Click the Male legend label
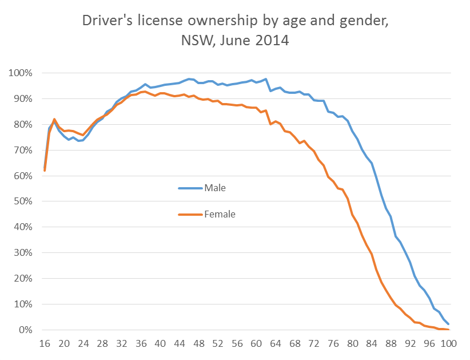[216, 187]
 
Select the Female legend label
[220, 215]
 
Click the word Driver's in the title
[107, 21]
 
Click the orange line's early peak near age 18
[54, 119]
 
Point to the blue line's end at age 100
[448, 324]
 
